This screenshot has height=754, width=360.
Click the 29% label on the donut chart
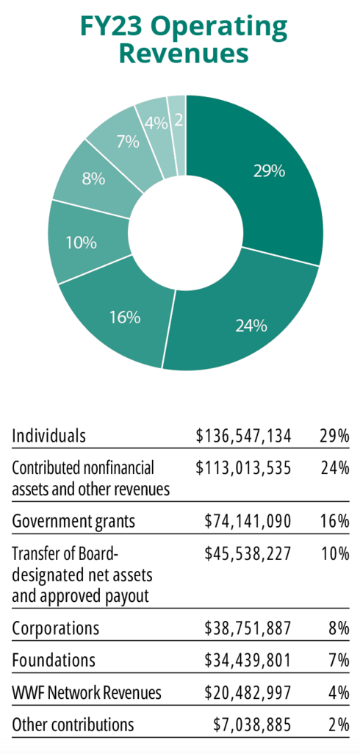[269, 171]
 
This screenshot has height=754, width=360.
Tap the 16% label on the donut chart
[125, 317]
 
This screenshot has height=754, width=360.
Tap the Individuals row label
[48, 436]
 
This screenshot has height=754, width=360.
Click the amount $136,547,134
[244, 436]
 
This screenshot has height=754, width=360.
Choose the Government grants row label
[73, 522]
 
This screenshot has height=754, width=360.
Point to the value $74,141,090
[248, 522]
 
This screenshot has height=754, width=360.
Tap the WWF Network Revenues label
[87, 693]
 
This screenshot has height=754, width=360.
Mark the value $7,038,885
[253, 725]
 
